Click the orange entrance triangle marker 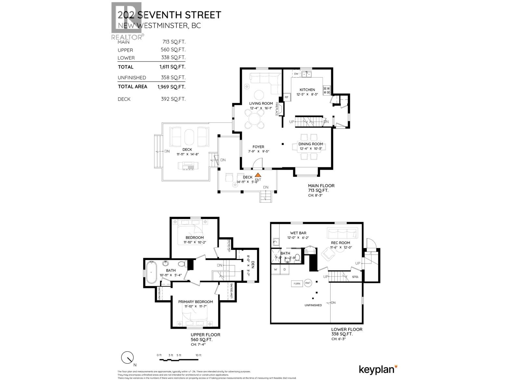coord(258,175)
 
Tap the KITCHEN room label coord(307,90)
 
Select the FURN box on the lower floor coord(297,283)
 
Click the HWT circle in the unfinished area coord(308,283)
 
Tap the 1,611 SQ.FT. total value coord(171,67)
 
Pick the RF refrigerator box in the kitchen coord(287,97)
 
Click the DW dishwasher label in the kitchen coord(296,74)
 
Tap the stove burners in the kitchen coord(326,90)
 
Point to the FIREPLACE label coord(277,109)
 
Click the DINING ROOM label coord(311,144)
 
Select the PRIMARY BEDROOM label coord(195,302)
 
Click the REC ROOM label coord(340,243)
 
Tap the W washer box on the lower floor coord(276,269)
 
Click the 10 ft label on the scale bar coord(198,355)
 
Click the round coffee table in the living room coord(259,95)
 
